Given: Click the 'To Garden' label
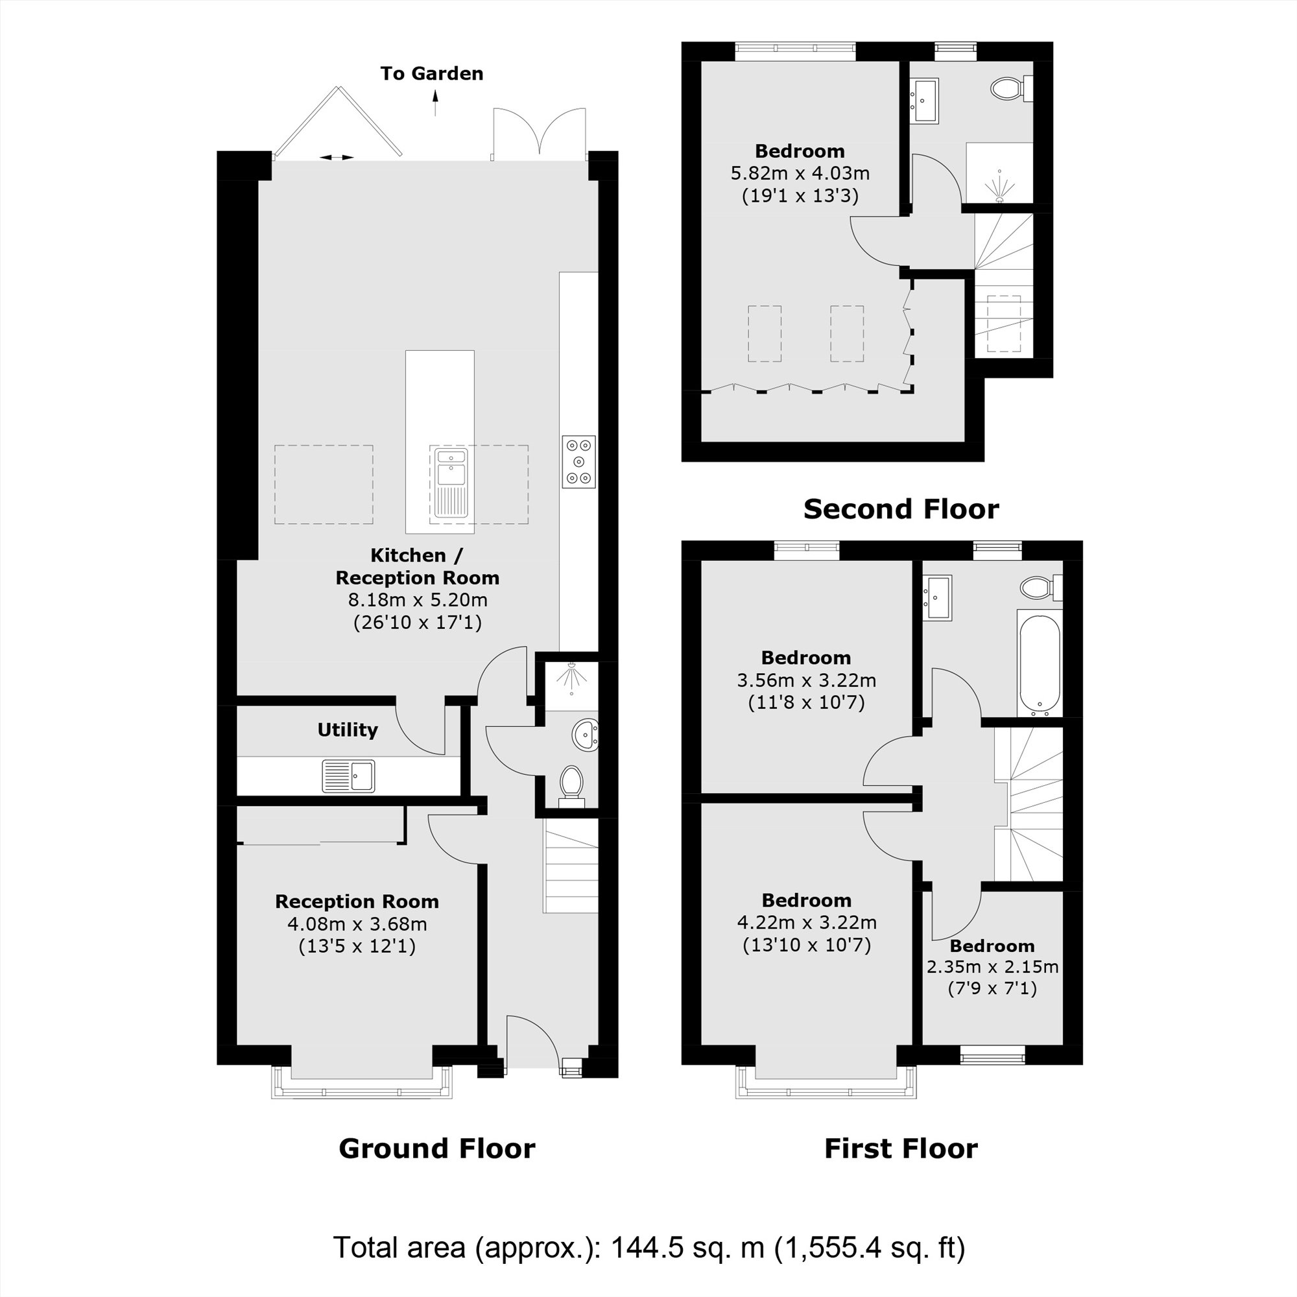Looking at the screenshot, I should pyautogui.click(x=432, y=74).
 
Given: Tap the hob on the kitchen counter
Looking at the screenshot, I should pyautogui.click(x=578, y=461).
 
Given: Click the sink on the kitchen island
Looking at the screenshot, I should pyautogui.click(x=451, y=482).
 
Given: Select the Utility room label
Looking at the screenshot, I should pyautogui.click(x=347, y=730).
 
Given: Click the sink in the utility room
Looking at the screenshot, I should pyautogui.click(x=348, y=776).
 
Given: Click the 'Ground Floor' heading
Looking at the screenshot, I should pyautogui.click(x=437, y=1148).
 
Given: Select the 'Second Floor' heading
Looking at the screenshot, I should pyautogui.click(x=901, y=509).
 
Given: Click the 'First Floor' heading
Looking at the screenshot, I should pyautogui.click(x=901, y=1148).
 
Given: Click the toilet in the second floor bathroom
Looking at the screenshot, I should pyautogui.click(x=1009, y=88).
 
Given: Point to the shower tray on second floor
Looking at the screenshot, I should pyautogui.click(x=999, y=173).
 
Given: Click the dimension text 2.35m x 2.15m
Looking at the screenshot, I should pyautogui.click(x=992, y=968).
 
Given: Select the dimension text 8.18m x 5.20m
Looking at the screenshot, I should pyautogui.click(x=418, y=600).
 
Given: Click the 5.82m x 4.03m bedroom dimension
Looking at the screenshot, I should pyautogui.click(x=800, y=173).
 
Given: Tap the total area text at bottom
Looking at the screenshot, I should pyautogui.click(x=648, y=1247).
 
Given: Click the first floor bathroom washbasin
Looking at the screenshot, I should pyautogui.click(x=937, y=597).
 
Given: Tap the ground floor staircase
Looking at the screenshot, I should pyautogui.click(x=571, y=871).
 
